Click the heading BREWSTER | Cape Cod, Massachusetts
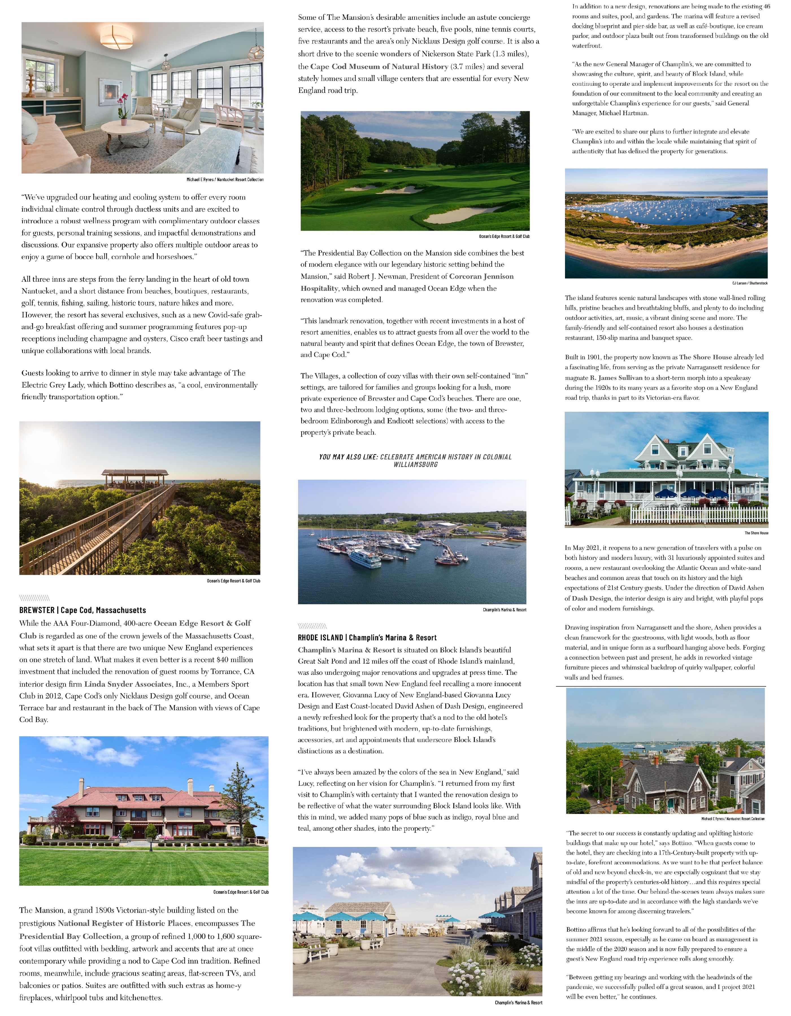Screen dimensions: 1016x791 pyautogui.click(x=82, y=610)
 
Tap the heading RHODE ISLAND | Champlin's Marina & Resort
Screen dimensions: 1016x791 pyautogui.click(x=367, y=637)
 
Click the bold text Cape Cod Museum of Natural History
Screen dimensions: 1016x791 pyautogui.click(x=379, y=67)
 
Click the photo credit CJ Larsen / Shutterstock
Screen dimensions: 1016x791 pyautogui.click(x=749, y=283)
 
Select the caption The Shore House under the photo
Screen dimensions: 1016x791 pyautogui.click(x=756, y=533)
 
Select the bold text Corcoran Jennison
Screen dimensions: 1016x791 pyautogui.click(x=481, y=276)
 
